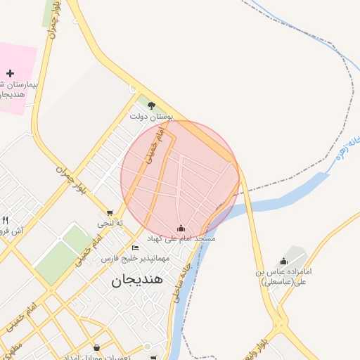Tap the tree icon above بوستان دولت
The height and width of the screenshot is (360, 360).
pos(151,105)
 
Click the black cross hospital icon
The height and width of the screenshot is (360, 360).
pos(10,73)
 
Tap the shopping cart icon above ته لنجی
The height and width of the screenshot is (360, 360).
pos(109,213)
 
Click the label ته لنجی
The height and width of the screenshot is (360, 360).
pos(110,223)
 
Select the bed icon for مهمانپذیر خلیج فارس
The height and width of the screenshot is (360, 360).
pos(136,248)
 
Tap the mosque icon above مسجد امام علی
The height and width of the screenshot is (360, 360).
pos(181,229)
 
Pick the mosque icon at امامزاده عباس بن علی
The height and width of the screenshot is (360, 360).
pos(284,261)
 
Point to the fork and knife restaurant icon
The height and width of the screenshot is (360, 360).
pos(5,221)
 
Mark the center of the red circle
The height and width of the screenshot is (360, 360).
pos(180,179)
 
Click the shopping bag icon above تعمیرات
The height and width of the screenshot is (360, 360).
pos(96,347)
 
